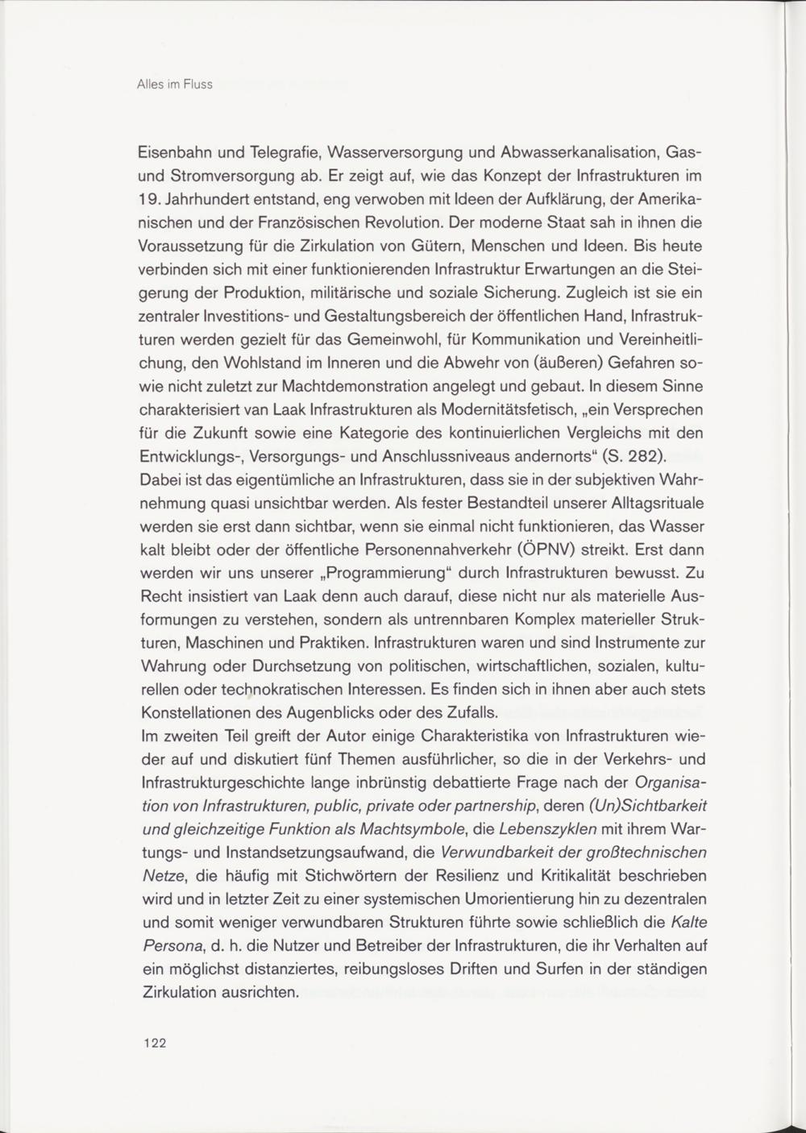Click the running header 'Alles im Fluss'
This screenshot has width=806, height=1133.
click(x=175, y=84)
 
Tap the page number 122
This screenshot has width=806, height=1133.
click(x=153, y=1043)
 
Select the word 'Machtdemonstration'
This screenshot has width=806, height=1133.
click(x=322, y=385)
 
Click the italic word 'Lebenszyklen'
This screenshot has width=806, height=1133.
click(x=548, y=828)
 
